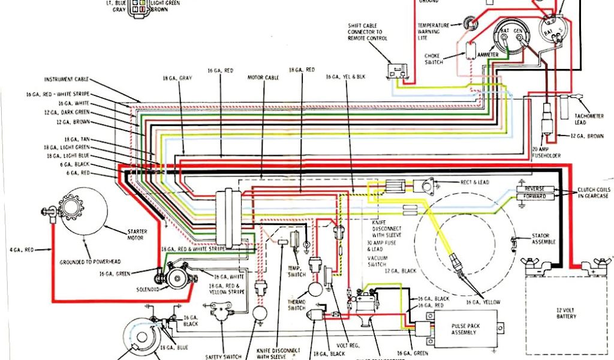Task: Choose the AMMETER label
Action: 487,55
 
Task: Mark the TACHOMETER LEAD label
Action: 580,119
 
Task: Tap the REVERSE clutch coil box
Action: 535,189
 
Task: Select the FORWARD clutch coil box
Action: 535,197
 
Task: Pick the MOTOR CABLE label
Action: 262,77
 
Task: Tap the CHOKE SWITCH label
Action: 434,59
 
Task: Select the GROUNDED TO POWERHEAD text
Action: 87,262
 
